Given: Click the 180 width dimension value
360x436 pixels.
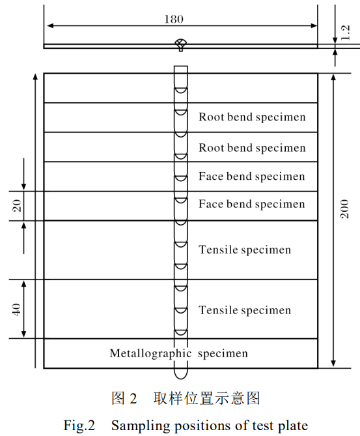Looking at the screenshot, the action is tap(174, 19).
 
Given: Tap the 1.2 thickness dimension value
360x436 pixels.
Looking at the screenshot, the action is tap(345, 33).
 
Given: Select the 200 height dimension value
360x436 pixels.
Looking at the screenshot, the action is tap(344, 209).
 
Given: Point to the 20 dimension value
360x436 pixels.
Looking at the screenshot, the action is tap(17, 206).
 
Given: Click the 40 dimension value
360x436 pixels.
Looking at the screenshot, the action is tap(16, 309).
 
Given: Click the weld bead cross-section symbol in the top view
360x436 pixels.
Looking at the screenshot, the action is tap(181, 44).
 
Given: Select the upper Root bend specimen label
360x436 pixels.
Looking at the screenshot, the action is tap(252, 117).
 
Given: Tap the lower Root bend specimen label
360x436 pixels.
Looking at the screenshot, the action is tap(252, 148).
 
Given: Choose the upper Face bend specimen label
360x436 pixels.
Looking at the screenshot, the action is tap(252, 177).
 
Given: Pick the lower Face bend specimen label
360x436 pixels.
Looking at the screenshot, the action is tap(252, 204).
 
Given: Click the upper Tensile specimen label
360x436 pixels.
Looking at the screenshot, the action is tap(245, 250).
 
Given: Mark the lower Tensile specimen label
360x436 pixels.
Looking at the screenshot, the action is tap(245, 310).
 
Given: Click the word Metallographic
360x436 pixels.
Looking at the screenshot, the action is tap(150, 353).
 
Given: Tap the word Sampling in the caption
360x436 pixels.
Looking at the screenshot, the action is tap(141, 426).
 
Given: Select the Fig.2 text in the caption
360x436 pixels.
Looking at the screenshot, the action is tap(79, 426).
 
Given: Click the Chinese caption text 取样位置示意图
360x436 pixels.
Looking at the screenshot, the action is tap(206, 398).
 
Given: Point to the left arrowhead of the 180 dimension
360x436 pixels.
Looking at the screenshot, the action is tap(50, 25).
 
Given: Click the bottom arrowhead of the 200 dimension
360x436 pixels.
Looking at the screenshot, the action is tap(333, 364).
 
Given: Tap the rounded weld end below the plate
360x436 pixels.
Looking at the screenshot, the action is tap(181, 374).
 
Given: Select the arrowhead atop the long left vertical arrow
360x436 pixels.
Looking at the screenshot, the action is tap(35, 77).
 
